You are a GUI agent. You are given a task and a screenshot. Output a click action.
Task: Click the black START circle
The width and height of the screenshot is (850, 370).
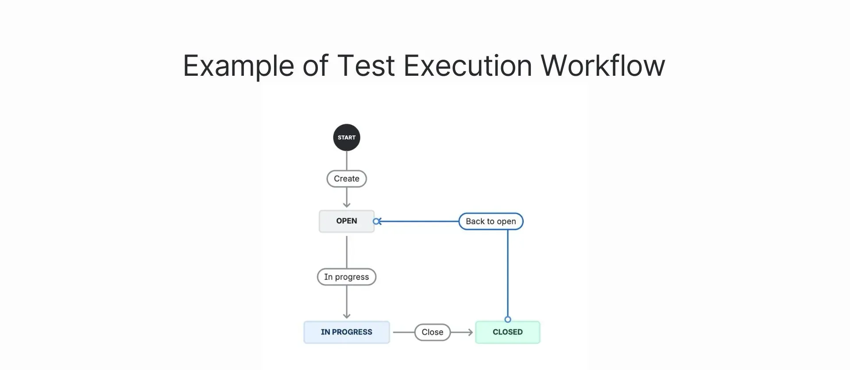347,137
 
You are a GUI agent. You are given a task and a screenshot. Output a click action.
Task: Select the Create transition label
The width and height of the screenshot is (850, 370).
347,179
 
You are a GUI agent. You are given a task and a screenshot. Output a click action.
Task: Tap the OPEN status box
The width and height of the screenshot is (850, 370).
347,221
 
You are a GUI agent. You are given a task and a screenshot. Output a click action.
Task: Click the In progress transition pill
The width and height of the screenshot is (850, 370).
347,277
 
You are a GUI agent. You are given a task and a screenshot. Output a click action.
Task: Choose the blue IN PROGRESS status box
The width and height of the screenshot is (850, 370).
347,332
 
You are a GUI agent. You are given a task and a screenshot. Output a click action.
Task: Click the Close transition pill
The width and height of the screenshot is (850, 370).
433,332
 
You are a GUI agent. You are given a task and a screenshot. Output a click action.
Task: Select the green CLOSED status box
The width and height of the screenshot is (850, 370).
508,332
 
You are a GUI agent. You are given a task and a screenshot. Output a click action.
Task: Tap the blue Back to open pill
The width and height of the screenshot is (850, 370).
491,221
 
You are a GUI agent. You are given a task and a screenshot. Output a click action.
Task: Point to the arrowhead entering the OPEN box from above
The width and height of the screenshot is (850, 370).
347,205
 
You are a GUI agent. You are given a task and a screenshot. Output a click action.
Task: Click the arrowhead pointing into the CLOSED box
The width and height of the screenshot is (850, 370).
470,332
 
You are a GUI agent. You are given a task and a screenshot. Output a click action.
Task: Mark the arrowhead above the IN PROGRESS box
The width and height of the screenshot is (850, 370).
347,315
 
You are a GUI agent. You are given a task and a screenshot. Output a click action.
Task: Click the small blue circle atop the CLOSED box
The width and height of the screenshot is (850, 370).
508,319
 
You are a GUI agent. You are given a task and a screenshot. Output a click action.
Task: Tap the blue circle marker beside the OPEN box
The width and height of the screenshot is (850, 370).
376,221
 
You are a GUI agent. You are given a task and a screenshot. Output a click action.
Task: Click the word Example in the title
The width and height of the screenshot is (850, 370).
238,66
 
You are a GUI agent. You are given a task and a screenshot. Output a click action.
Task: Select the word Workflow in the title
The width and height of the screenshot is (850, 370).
603,66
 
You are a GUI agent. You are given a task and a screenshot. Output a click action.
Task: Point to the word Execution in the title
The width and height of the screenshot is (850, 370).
467,66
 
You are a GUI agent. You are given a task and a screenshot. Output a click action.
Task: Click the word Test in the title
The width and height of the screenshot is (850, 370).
366,66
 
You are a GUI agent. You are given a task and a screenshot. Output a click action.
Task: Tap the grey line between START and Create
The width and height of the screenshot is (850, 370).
347,160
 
